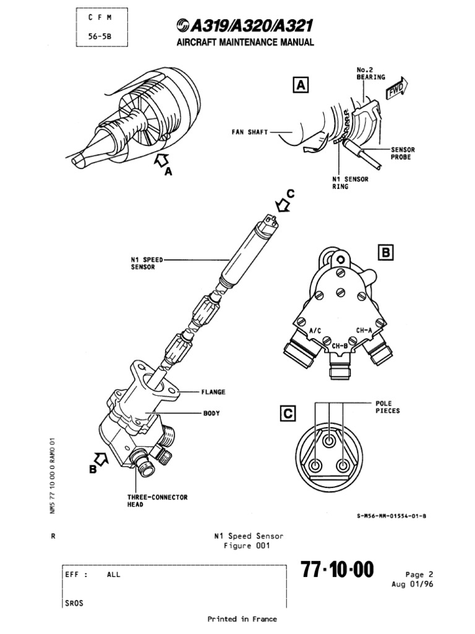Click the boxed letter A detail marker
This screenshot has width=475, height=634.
pyautogui.click(x=300, y=85)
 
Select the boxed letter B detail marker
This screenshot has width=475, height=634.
pyautogui.click(x=385, y=253)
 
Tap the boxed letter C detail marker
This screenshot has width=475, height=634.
pyautogui.click(x=288, y=414)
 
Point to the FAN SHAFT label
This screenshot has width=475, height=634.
pyautogui.click(x=250, y=132)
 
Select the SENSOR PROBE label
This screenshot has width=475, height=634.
pyautogui.click(x=403, y=154)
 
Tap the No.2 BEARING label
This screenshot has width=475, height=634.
pyautogui.click(x=370, y=73)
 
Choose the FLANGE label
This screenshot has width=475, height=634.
pyautogui.click(x=212, y=392)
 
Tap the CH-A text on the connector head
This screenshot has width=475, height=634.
pyautogui.click(x=364, y=330)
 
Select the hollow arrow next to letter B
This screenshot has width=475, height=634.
pyautogui.click(x=102, y=459)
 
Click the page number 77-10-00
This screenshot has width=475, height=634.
pyautogui.click(x=337, y=570)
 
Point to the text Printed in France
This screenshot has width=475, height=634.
pyautogui.click(x=242, y=619)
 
